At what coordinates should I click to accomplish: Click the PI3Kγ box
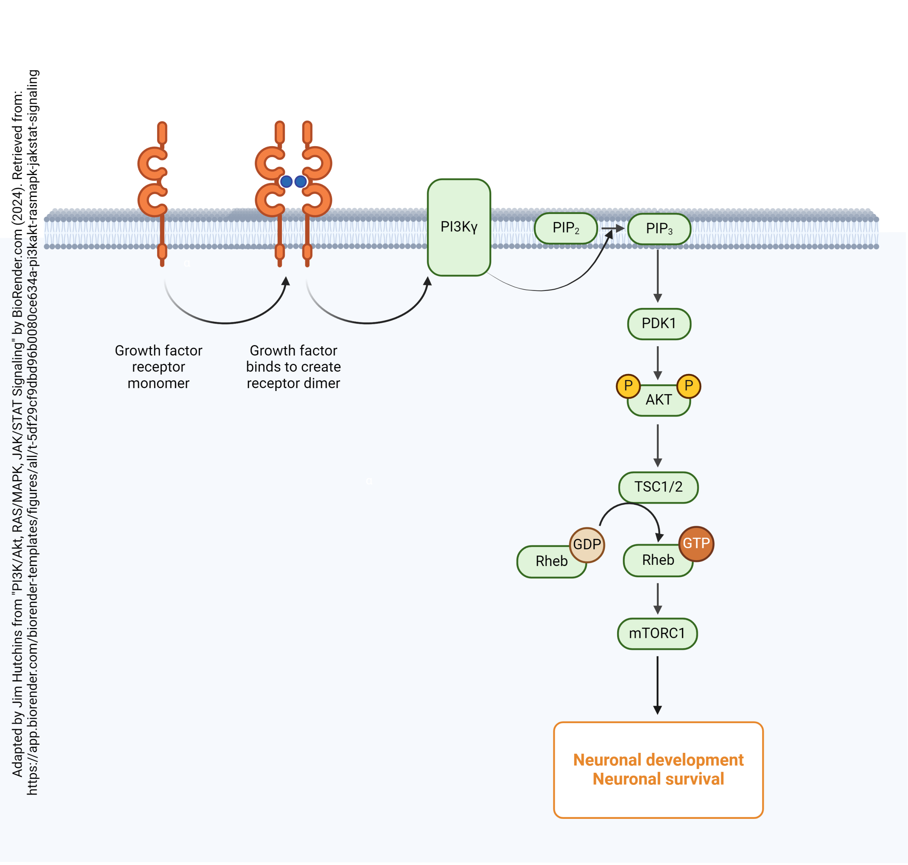coord(459,227)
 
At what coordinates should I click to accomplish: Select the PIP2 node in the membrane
coord(565,228)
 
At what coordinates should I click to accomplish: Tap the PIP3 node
coord(659,229)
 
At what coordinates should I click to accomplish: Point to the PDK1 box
coord(659,324)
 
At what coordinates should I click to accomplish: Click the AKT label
coord(659,400)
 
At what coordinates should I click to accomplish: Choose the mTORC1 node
coord(657,634)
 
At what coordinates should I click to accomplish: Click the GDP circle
coord(587,545)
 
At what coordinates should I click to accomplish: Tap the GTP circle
coord(696,544)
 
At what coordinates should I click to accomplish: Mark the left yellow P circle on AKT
coord(628,386)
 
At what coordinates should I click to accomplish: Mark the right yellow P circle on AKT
coord(688,386)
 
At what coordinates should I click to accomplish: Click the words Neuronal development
coord(658,760)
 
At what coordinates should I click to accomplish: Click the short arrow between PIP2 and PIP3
coord(613,228)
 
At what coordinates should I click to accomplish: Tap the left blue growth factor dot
coord(286,182)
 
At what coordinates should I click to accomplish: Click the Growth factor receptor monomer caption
coord(159,367)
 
